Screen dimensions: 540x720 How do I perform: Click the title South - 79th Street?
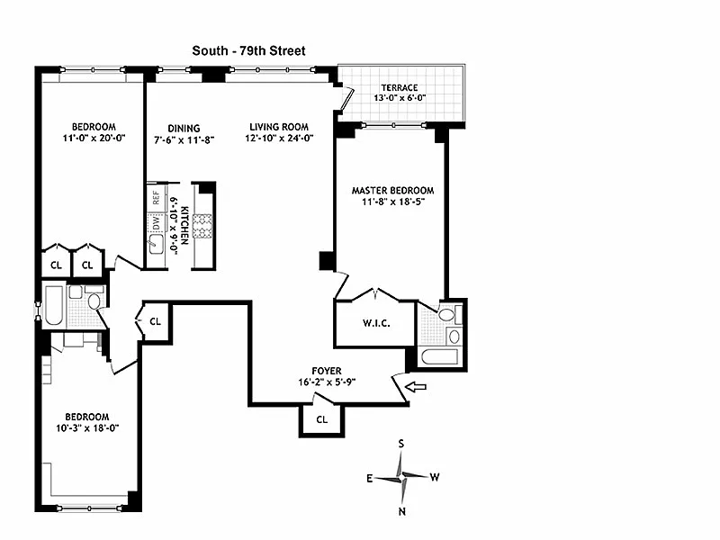coord(249,51)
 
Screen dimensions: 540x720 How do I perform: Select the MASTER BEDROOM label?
coord(392,191)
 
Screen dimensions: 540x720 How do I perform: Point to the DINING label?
coord(176,128)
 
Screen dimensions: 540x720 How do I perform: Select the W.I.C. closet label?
coord(374,324)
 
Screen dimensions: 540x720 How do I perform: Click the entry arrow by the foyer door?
coord(416,387)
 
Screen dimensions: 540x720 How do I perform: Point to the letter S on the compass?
coord(402,444)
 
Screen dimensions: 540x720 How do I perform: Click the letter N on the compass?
coord(402,511)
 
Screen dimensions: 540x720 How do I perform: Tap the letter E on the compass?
coord(369,478)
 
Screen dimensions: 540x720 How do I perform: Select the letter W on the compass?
coord(435,477)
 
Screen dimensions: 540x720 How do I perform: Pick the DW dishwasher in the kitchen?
coord(155,221)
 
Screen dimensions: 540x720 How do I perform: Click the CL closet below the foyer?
coord(322,419)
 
